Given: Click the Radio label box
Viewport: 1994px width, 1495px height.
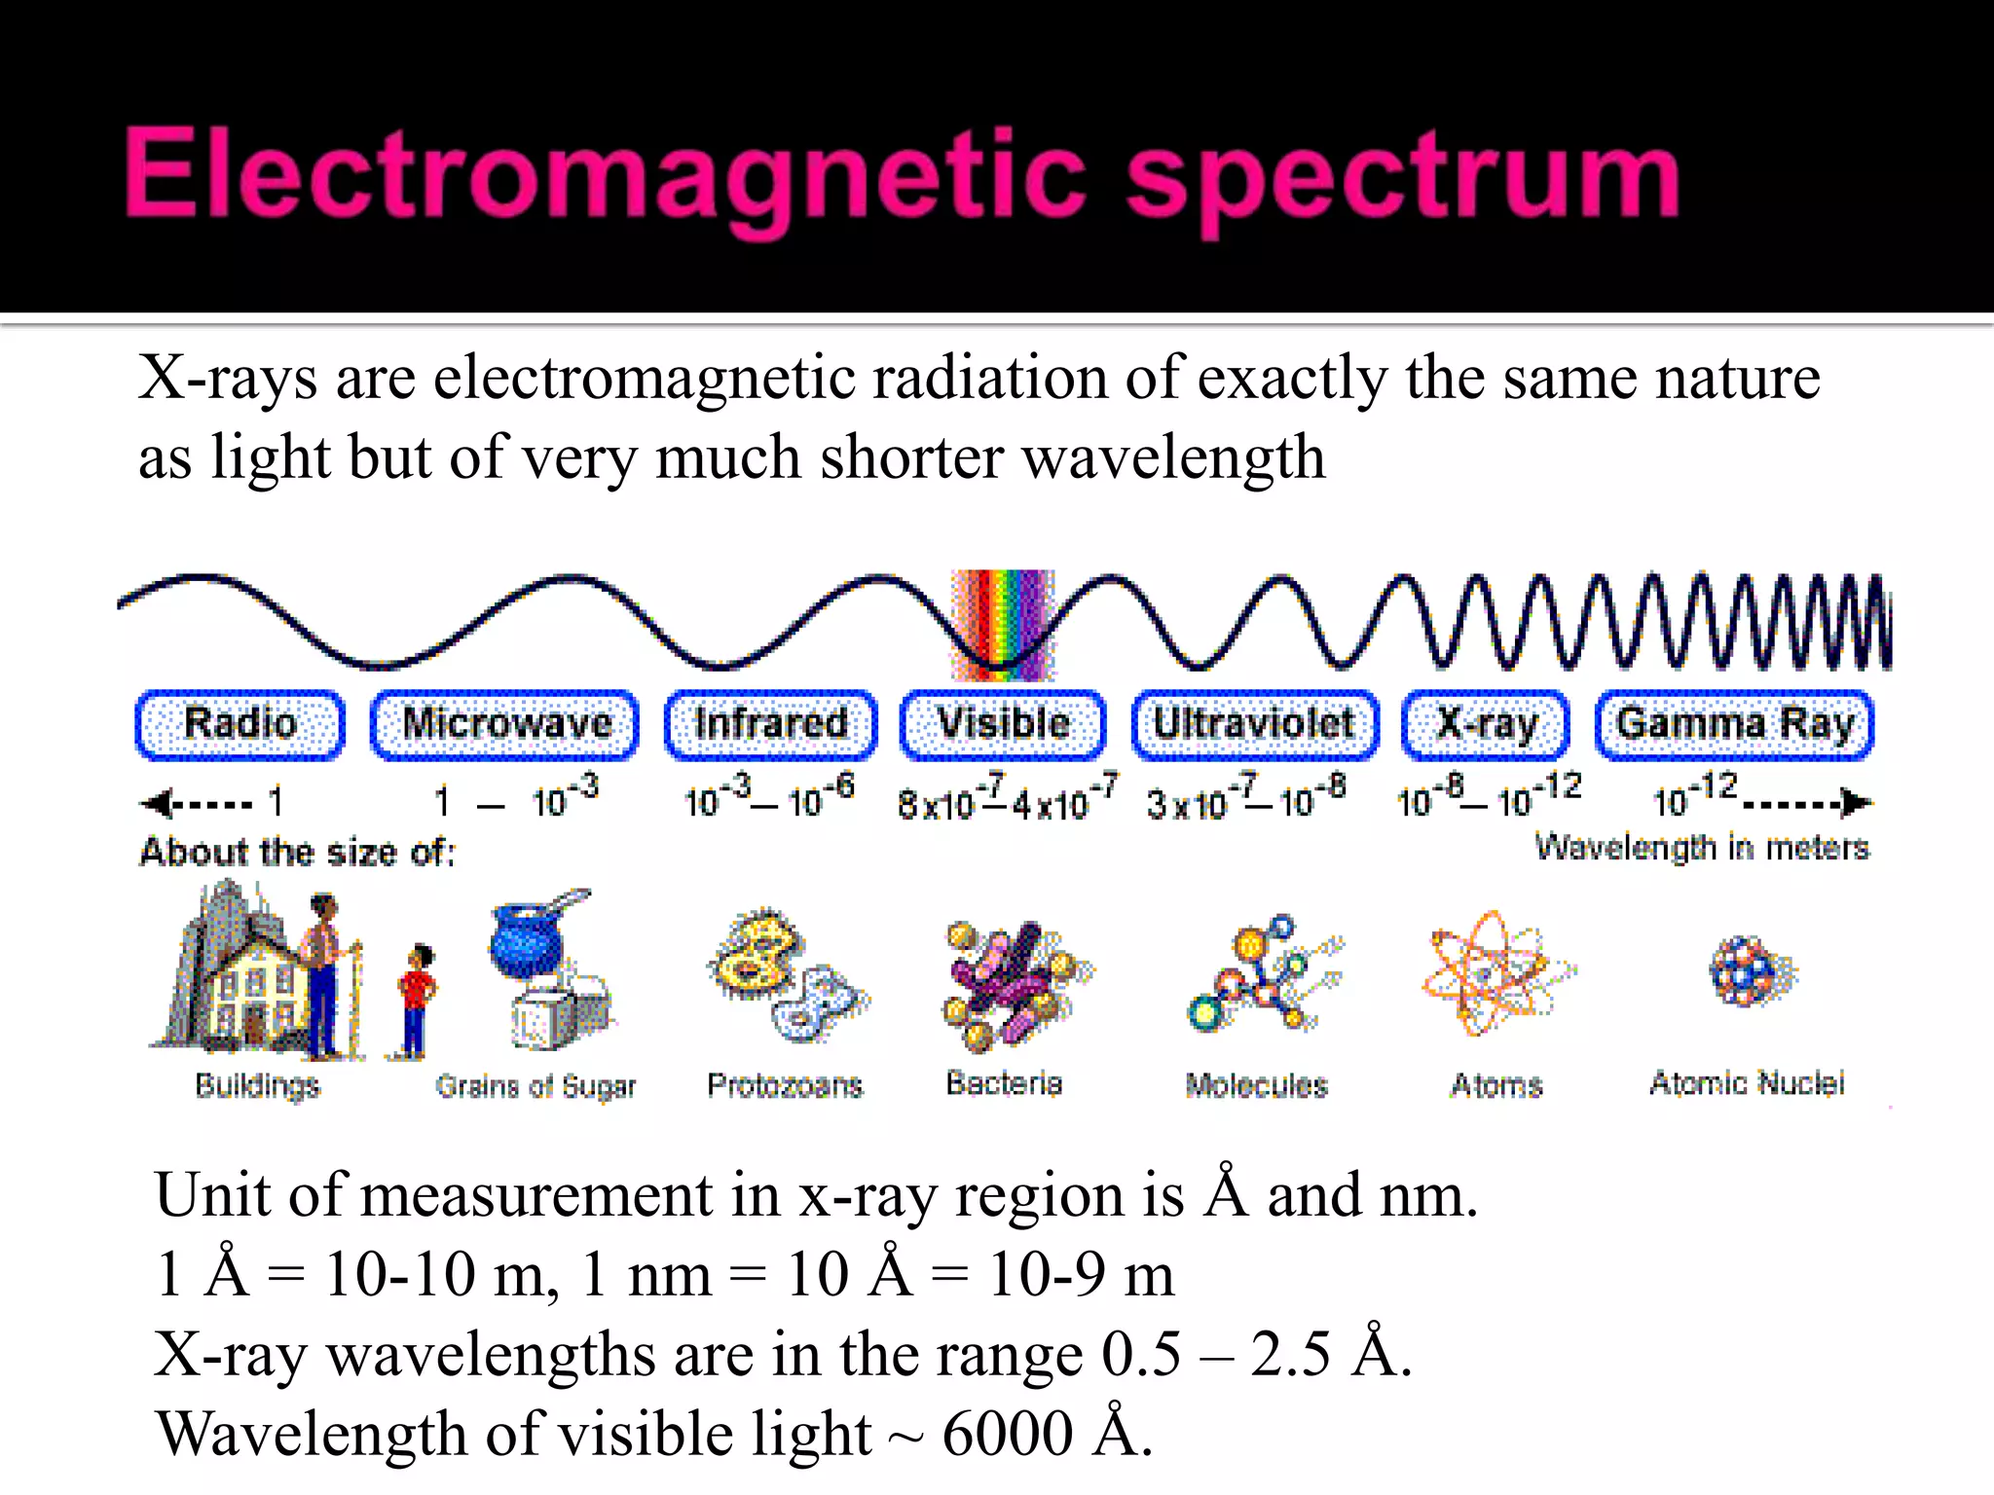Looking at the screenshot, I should pos(240,724).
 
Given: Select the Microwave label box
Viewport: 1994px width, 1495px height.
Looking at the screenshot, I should pos(505,724).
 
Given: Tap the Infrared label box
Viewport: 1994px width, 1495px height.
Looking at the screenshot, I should pos(770,724).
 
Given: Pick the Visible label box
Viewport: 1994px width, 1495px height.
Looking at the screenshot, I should pos(1003,724).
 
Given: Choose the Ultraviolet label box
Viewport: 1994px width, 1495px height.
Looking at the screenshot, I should pos(1254,724).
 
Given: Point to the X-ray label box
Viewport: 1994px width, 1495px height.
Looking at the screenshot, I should pos(1486,724).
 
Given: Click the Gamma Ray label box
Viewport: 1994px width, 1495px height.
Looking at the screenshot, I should pos(1734,724).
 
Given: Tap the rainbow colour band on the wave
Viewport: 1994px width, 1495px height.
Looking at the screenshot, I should pos(1003,623).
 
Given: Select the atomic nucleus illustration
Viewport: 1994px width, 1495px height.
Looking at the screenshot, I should pos(1753,971).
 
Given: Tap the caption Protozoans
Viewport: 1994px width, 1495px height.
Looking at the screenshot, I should pos(785,1084).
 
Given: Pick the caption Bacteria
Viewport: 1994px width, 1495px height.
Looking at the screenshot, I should pos(1004,1082).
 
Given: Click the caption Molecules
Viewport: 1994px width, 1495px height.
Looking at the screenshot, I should pos(1256,1084).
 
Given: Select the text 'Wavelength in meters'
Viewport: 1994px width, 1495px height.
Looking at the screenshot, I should pos(1702,848).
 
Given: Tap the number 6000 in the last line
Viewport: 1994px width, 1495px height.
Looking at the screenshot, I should pos(1007,1434).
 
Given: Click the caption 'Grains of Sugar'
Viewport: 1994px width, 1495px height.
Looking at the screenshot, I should pos(535,1085).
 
